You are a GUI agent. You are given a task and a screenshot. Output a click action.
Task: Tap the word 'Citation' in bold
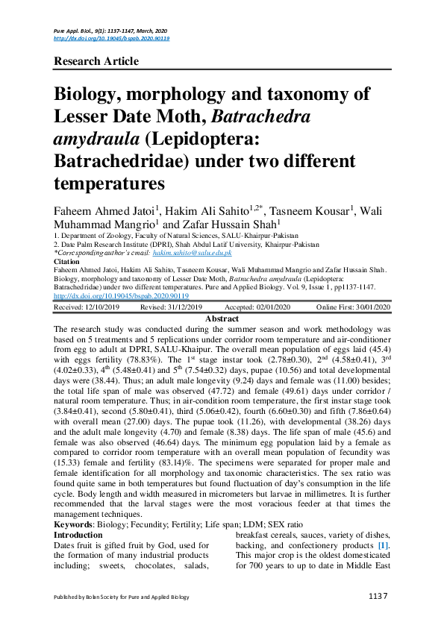pos(69,262)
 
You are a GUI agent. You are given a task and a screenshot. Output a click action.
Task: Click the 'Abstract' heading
pos(222,318)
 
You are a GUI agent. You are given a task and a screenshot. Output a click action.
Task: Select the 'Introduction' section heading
pos(79,536)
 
